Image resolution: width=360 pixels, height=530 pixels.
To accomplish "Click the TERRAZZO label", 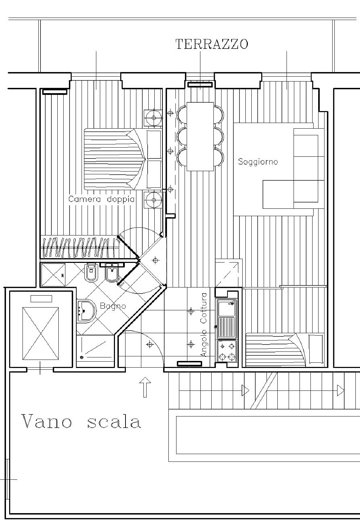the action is tap(212, 44).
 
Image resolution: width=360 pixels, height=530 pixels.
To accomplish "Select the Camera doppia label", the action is tap(101, 199).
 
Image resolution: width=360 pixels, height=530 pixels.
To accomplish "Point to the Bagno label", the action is tap(112, 306).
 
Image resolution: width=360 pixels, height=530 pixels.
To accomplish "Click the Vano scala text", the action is tap(81, 422).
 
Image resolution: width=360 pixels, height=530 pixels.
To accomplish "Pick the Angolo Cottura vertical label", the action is tap(204, 325).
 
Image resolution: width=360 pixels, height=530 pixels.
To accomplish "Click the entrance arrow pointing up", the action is tap(145, 387).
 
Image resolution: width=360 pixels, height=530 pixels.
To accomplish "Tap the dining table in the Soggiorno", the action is tap(200, 136).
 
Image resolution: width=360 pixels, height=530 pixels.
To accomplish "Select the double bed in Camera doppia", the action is tap(123, 159).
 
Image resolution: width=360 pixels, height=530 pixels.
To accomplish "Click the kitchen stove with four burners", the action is tap(227, 351).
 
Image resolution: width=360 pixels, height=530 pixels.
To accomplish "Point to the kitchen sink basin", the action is tap(226, 308).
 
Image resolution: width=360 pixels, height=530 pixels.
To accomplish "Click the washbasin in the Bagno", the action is tap(86, 311).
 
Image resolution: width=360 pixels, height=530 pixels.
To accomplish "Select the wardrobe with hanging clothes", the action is tap(79, 247).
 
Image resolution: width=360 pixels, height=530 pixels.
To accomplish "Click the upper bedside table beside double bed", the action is tap(153, 118).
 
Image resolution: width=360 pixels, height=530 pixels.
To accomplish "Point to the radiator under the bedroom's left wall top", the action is tap(55, 91).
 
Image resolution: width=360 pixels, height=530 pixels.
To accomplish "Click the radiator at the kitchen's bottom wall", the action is tap(189, 363).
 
